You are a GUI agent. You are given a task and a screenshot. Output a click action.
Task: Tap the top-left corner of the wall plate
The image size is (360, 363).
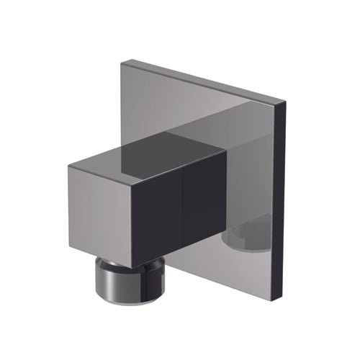122,62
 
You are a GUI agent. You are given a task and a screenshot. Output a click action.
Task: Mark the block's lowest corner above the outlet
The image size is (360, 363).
153,262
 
